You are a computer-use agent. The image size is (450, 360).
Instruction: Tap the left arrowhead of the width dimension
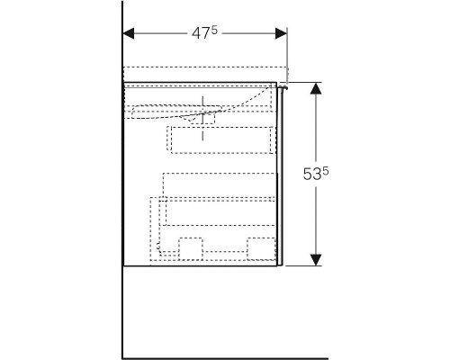pyautogui.click(x=128, y=34)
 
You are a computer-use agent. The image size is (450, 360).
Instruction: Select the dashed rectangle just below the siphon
pyautogui.click(x=220, y=139)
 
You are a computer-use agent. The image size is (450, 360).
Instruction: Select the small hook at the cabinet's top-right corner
pyautogui.click(x=282, y=87)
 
